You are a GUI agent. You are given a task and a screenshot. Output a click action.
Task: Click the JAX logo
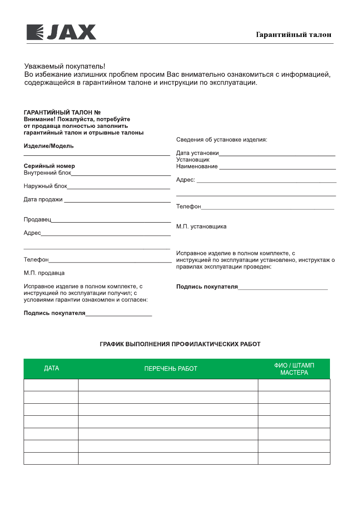(61, 32)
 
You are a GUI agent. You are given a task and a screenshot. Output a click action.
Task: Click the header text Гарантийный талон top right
(293, 35)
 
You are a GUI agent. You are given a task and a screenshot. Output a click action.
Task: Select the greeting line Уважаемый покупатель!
(64, 67)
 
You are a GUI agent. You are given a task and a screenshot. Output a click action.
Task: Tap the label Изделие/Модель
(48, 146)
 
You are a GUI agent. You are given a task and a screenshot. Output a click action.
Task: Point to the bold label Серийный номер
(49, 166)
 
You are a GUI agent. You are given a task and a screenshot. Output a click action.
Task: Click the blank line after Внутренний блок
(121, 175)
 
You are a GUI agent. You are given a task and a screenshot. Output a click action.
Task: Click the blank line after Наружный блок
(119, 187)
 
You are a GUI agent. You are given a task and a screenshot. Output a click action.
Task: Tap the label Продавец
(37, 220)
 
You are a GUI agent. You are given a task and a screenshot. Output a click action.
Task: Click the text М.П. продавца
(44, 273)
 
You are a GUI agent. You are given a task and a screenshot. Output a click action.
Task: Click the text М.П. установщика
(201, 227)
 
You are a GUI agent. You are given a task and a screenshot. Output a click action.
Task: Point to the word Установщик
(193, 160)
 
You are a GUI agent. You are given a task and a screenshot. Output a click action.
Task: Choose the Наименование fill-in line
(277, 168)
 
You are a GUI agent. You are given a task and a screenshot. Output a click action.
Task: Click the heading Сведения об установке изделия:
(221, 140)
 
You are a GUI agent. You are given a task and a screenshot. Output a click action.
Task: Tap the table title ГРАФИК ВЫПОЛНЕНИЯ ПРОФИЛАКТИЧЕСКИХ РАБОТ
(180, 344)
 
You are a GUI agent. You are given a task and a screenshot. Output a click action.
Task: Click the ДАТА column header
(51, 369)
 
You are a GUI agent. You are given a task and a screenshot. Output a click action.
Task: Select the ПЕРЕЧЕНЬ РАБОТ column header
(171, 369)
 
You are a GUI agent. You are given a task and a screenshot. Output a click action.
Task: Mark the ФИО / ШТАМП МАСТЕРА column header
(294, 369)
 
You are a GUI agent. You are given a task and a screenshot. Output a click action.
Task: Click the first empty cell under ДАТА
(51, 385)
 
